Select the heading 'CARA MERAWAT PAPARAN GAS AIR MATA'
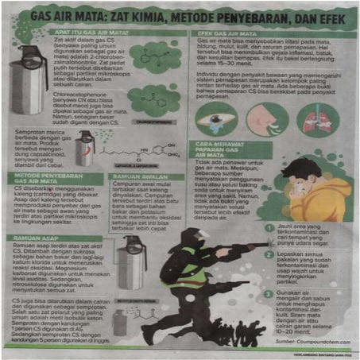(x=230, y=150)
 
